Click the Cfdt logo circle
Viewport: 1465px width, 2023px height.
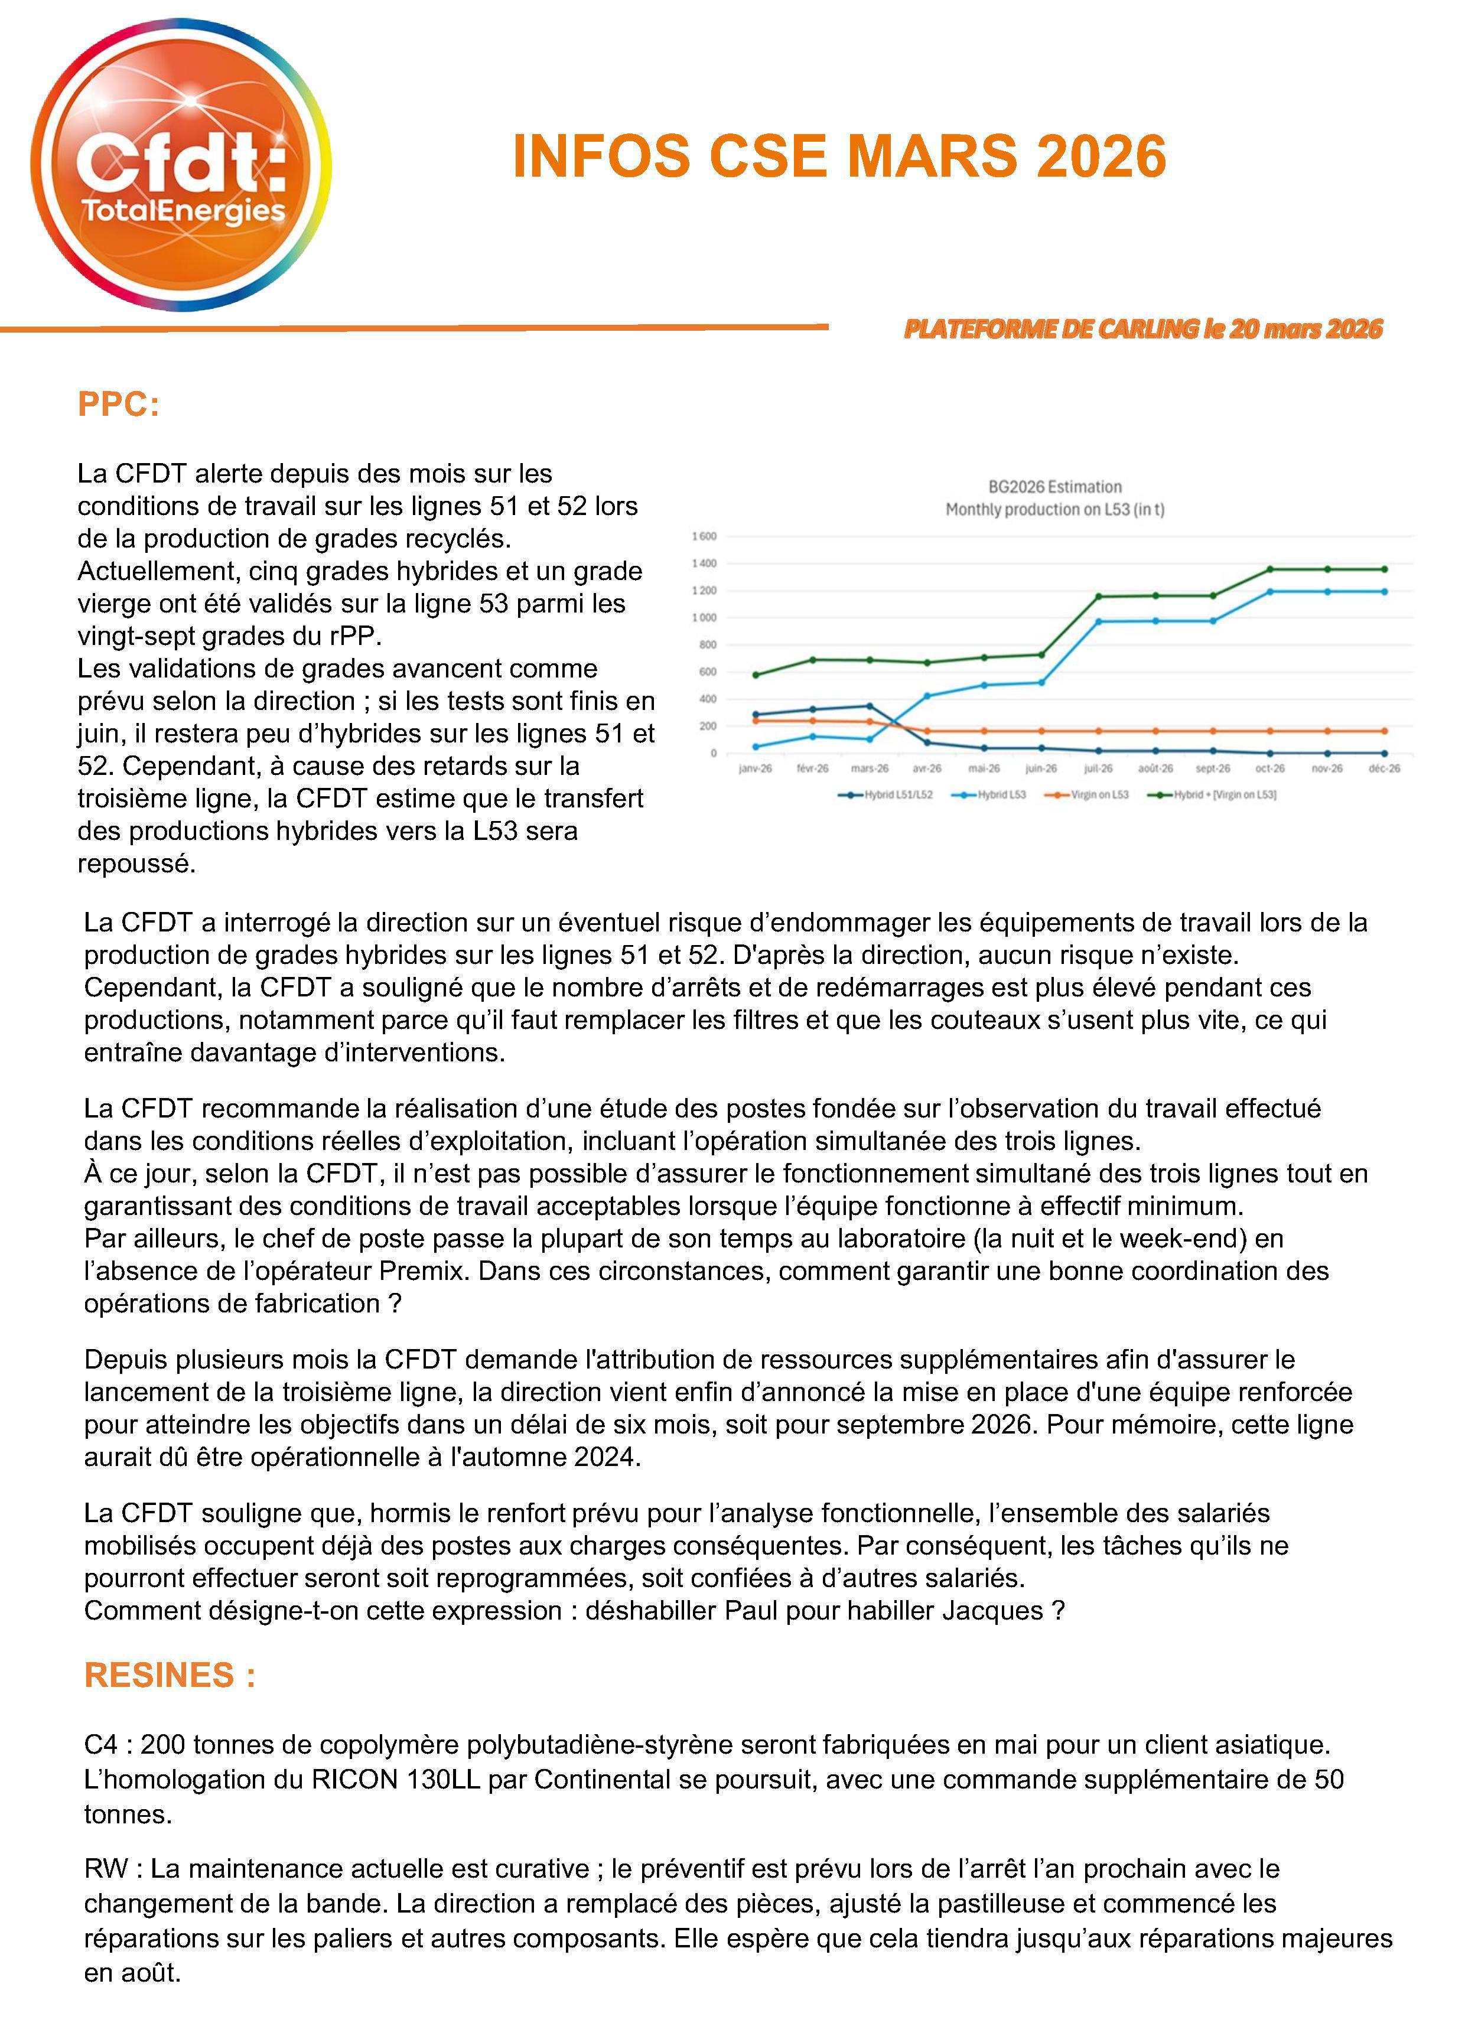tap(181, 165)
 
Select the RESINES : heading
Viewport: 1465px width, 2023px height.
tap(170, 1675)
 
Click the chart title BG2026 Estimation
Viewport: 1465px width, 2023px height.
tap(1054, 487)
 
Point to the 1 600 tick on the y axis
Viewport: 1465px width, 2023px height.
tap(704, 537)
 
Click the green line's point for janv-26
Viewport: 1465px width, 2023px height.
tap(756, 675)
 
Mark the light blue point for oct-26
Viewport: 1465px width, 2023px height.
tap(1269, 591)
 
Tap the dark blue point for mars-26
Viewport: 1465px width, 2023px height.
tap(870, 706)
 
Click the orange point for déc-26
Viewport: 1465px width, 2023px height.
tap(1384, 731)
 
